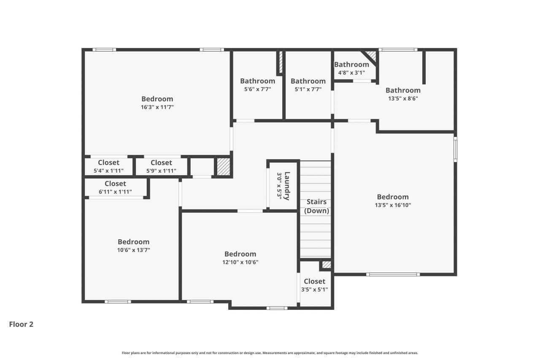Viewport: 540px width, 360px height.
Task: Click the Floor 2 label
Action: [21, 324]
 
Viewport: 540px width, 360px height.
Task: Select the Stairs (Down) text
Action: [316, 206]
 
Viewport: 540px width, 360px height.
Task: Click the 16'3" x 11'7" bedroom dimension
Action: [157, 107]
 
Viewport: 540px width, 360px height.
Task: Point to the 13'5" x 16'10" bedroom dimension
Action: [393, 205]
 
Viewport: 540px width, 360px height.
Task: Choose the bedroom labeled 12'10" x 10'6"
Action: [240, 257]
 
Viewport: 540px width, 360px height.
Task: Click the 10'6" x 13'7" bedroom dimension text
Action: [133, 250]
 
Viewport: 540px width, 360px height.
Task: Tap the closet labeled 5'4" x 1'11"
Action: [108, 167]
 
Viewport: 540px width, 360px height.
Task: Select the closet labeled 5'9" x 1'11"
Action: [161, 167]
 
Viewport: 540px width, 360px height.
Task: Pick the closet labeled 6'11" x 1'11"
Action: [115, 187]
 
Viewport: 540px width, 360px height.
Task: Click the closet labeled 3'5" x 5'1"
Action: [314, 285]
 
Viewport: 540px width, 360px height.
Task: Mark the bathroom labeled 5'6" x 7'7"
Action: [257, 85]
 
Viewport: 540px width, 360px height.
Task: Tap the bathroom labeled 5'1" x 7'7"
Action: [308, 85]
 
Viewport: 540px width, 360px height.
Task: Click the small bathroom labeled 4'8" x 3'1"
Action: [351, 68]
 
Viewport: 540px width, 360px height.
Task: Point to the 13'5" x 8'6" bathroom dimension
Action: [403, 98]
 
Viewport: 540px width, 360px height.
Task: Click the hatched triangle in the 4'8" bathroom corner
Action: [371, 55]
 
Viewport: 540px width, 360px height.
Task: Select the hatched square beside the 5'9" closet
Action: [223, 167]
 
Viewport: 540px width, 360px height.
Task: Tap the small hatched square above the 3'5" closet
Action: [326, 265]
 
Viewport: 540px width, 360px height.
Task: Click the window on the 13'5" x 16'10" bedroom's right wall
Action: [455, 149]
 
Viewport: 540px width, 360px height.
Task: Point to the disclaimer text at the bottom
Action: [270, 353]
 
